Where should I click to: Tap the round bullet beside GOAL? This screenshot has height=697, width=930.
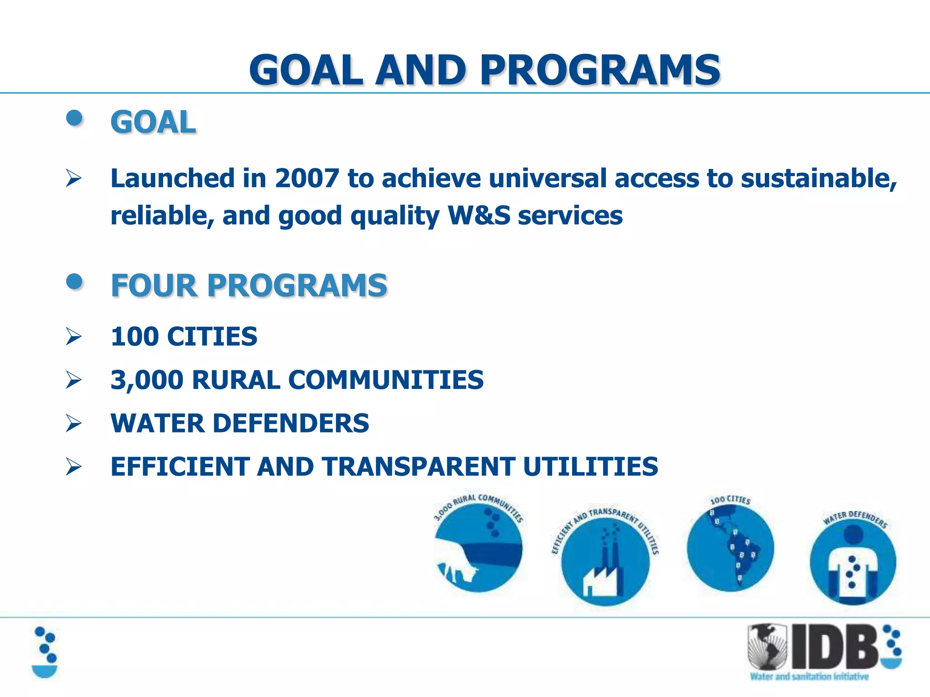tap(74, 119)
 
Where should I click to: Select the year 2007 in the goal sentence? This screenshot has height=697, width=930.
tap(307, 178)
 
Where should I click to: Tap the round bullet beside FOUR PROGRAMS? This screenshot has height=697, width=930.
tap(74, 282)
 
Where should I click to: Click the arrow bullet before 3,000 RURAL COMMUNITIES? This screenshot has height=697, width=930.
tap(74, 380)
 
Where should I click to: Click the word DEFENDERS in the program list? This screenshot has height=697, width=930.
tap(291, 423)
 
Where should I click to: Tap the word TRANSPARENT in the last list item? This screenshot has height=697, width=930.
tap(418, 467)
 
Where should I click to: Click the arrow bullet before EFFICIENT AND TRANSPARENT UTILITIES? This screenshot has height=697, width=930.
tap(74, 467)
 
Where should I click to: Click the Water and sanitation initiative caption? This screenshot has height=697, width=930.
tap(809, 677)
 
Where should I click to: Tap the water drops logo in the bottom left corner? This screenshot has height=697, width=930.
tap(45, 652)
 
